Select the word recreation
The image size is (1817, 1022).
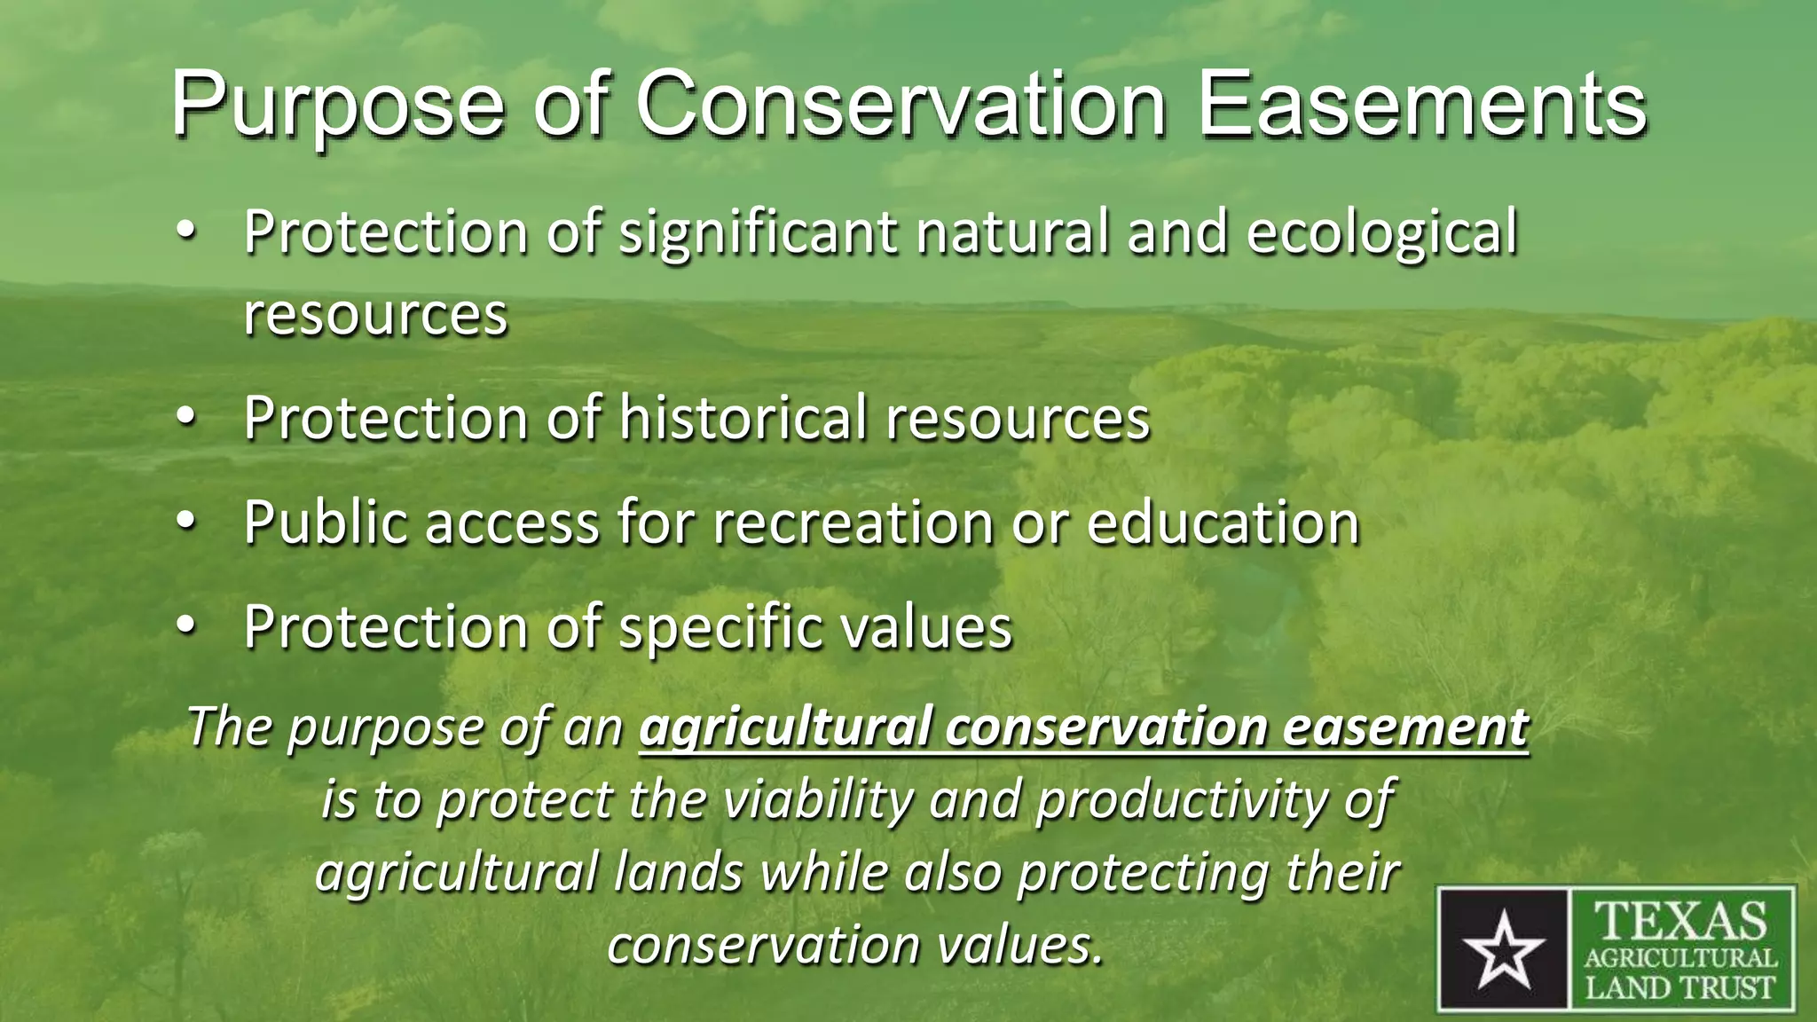click(x=853, y=523)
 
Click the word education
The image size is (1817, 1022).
click(x=1223, y=523)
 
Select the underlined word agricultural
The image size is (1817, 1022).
click(x=783, y=729)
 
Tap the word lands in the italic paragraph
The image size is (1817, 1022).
click(x=679, y=872)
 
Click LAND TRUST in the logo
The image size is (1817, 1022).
click(x=1681, y=987)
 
